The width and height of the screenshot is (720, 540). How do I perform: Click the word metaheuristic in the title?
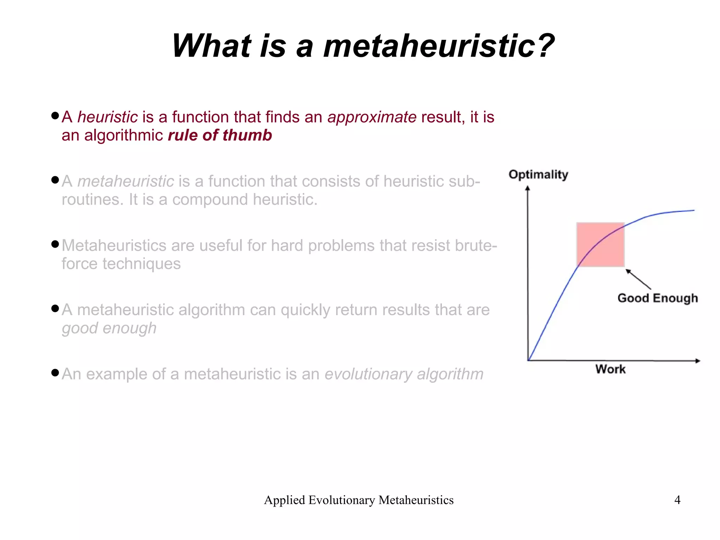[x=438, y=46]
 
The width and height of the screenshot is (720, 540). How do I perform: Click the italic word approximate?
[x=372, y=117]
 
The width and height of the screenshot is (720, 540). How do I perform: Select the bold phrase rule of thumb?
[x=220, y=135]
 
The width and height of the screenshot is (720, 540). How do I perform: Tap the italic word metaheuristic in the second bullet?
[x=126, y=182]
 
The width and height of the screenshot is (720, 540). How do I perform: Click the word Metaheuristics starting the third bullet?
[x=114, y=246]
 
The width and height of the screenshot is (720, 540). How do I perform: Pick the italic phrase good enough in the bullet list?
[x=109, y=328]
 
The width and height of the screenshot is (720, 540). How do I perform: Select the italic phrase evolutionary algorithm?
[x=404, y=374]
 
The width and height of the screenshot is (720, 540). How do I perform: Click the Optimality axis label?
[x=538, y=174]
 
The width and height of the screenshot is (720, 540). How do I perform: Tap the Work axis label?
[x=610, y=369]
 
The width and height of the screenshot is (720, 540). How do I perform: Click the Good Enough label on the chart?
[x=657, y=298]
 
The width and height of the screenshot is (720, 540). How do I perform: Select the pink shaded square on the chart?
[x=600, y=244]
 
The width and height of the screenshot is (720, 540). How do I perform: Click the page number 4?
[x=677, y=500]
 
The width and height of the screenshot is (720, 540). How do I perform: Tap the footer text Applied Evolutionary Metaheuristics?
[x=359, y=500]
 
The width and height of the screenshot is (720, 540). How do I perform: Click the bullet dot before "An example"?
[x=55, y=373]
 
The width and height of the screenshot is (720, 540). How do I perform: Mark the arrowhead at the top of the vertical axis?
[x=527, y=188]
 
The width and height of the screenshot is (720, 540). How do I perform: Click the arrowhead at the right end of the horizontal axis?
[x=698, y=361]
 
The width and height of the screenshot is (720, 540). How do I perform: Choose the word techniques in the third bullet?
[x=141, y=264]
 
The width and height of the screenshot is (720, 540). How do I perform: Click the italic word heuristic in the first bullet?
[x=108, y=117]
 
